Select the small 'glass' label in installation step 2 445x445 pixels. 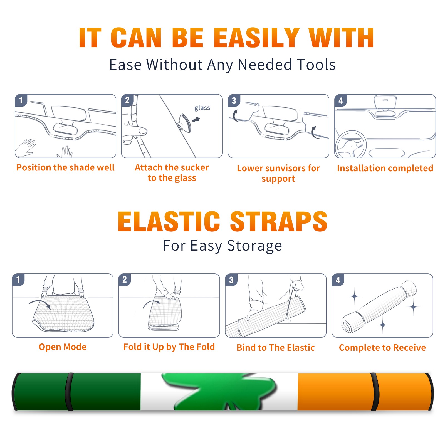[x=202, y=108]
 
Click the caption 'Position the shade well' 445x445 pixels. [x=65, y=167]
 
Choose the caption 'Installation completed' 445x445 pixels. [x=385, y=168]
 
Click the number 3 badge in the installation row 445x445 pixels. [x=234, y=100]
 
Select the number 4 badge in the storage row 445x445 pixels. [x=338, y=280]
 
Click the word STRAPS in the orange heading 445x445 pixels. [x=279, y=221]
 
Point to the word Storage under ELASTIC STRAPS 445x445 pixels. [x=254, y=246]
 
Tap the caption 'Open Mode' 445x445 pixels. [x=63, y=347]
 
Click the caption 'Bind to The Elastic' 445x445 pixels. [x=276, y=348]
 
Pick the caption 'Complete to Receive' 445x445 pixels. [x=382, y=348]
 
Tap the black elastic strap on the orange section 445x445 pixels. [x=375, y=392]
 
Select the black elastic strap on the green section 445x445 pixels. [x=69, y=392]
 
